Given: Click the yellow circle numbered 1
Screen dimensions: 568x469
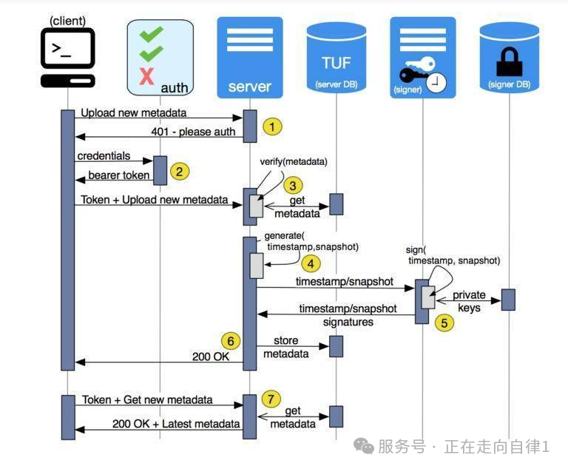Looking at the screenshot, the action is (272, 126).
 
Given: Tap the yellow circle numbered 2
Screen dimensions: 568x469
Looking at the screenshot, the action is (179, 172).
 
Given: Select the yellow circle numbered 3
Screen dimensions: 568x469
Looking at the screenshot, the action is (293, 186).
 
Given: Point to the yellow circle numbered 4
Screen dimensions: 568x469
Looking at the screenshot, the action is (311, 263).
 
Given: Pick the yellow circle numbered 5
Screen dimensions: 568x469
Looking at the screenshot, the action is (444, 323).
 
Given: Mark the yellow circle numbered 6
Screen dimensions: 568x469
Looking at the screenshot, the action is (231, 341).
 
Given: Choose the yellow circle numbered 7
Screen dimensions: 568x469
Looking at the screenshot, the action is (271, 399).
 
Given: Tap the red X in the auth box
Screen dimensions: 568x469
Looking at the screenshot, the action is (146, 76).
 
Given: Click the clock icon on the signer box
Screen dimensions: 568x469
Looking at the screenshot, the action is (436, 83).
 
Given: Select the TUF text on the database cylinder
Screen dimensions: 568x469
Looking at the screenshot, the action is (337, 63).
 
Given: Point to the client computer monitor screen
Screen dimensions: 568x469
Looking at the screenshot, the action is (67, 48).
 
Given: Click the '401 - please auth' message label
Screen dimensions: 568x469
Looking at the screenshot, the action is (193, 132).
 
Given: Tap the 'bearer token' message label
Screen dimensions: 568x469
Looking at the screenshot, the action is (119, 175).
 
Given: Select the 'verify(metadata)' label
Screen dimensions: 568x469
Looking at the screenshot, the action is (294, 162).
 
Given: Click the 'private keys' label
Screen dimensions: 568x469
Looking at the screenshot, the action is (469, 301).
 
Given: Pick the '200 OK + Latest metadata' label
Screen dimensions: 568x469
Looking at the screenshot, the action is (176, 424).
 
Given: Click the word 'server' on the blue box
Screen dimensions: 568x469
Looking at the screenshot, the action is (249, 87).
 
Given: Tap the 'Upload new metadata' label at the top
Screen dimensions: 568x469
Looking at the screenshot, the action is (134, 112).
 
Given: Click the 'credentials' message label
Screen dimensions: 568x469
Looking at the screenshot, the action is (104, 156).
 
